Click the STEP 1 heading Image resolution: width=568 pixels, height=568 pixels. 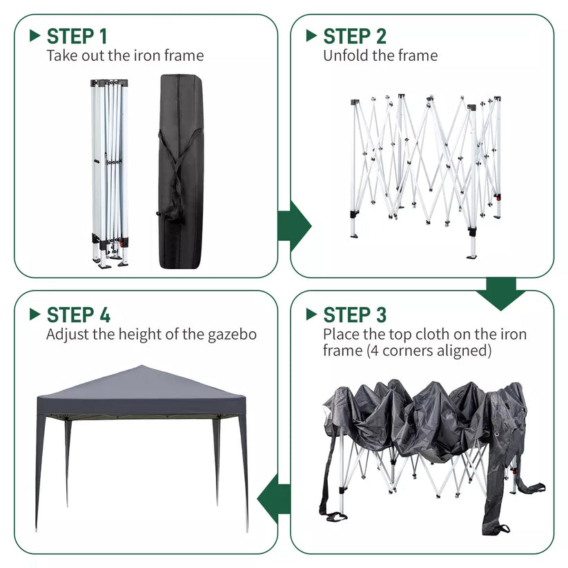[77, 36]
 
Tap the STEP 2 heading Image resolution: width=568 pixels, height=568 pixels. [355, 36]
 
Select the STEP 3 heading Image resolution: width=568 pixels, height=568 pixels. [355, 315]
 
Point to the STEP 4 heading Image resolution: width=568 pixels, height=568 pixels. [78, 315]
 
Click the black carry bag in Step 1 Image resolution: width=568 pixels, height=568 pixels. [181, 171]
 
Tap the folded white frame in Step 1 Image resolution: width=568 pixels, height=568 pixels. [110, 174]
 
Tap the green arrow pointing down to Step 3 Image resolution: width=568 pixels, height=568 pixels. [501, 294]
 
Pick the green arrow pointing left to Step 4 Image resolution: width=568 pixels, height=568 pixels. [274, 499]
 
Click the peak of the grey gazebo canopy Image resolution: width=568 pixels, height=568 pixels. [141, 365]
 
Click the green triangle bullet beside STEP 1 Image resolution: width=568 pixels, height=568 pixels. [35, 35]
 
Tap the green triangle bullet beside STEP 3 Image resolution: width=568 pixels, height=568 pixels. [311, 314]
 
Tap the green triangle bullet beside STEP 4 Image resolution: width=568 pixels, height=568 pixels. [35, 314]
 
